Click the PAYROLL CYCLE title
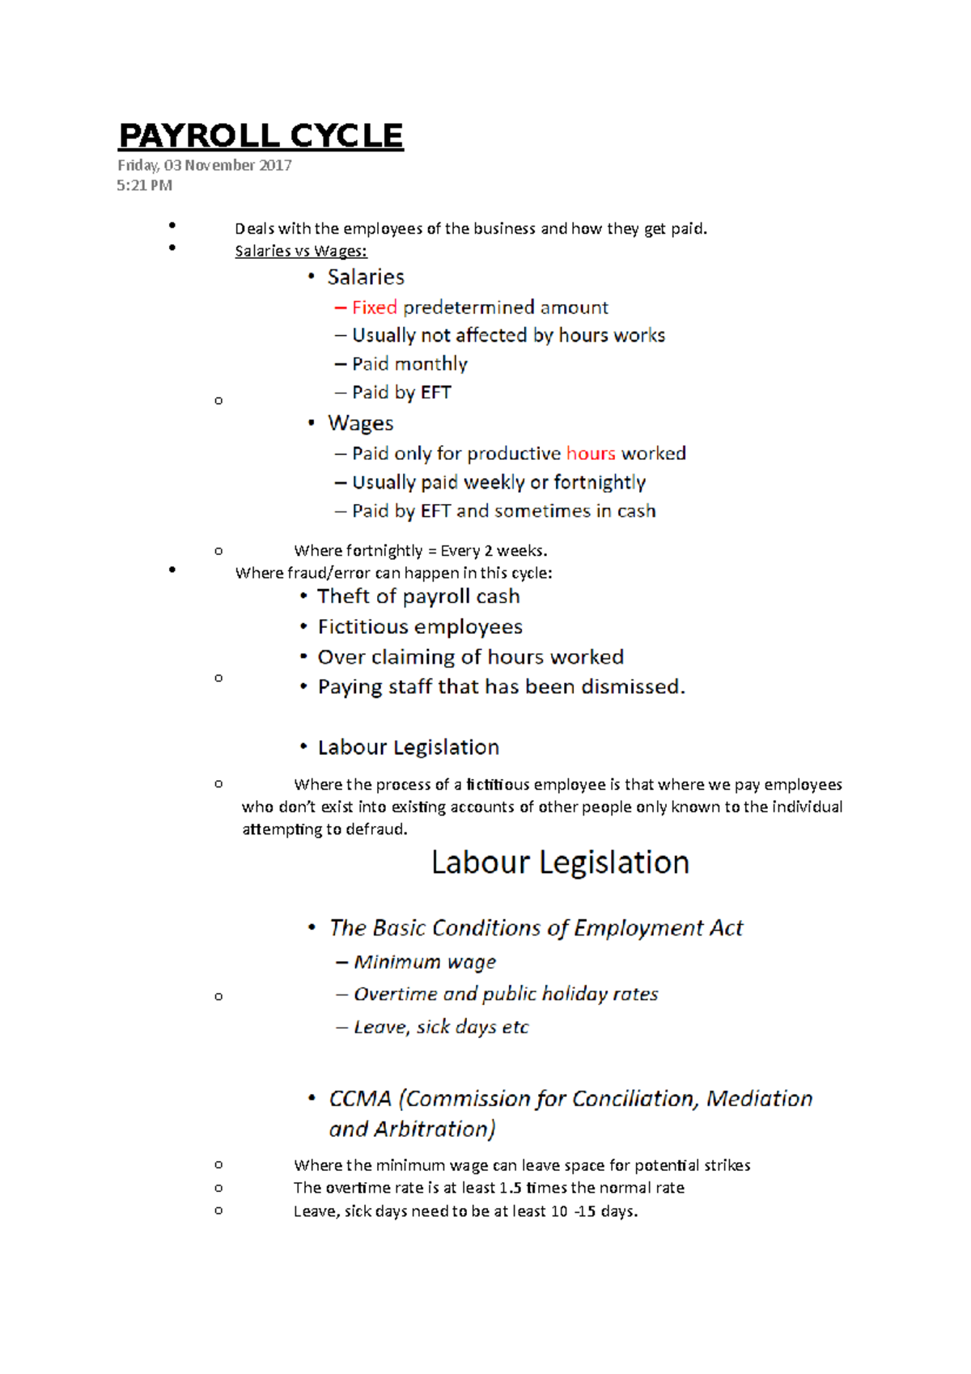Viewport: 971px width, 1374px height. tap(261, 136)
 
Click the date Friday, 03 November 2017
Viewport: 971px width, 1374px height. tap(204, 165)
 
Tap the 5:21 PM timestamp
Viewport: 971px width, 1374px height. tap(144, 185)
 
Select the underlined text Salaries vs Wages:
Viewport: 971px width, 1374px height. tap(300, 251)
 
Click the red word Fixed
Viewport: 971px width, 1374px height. tap(374, 307)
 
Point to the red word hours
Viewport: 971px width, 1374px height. tap(591, 453)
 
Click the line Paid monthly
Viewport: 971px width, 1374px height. tap(409, 364)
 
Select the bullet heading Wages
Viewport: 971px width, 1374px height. tap(360, 423)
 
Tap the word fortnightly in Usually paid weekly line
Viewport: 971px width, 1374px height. tap(600, 482)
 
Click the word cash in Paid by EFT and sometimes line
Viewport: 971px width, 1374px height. tap(636, 511)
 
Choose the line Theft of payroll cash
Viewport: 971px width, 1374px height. tap(418, 596)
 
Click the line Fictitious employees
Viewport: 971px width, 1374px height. tap(420, 627)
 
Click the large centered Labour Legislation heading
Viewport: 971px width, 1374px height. tap(560, 863)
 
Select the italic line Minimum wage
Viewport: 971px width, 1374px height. tap(425, 962)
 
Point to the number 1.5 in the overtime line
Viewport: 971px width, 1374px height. tap(510, 1188)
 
